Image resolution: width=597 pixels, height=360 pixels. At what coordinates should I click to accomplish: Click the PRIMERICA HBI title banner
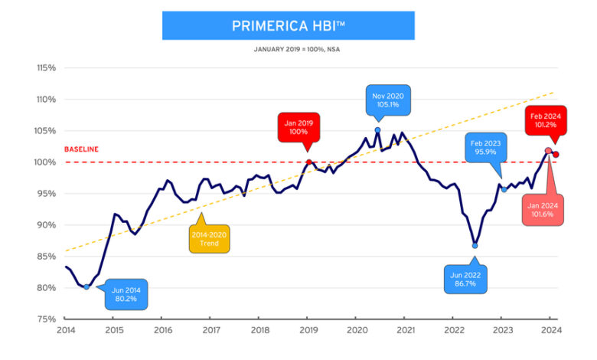[x=288, y=26]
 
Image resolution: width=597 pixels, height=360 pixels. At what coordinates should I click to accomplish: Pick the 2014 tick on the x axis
[x=65, y=331]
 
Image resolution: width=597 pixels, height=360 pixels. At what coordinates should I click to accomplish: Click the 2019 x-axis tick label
[x=308, y=331]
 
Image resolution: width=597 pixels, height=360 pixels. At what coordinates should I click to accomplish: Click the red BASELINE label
[x=81, y=149]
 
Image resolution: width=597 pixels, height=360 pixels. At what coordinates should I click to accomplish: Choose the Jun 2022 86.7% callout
[x=465, y=278]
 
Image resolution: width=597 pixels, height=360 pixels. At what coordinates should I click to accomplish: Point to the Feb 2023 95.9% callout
[x=485, y=146]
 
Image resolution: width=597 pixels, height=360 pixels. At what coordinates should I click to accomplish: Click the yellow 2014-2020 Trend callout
[x=210, y=238]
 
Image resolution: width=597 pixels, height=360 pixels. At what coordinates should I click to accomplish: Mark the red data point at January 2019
[x=308, y=162]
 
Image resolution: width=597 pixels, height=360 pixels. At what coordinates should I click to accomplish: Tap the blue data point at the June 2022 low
[x=475, y=246]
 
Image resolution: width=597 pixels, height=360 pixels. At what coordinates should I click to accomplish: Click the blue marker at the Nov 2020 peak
[x=377, y=130]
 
